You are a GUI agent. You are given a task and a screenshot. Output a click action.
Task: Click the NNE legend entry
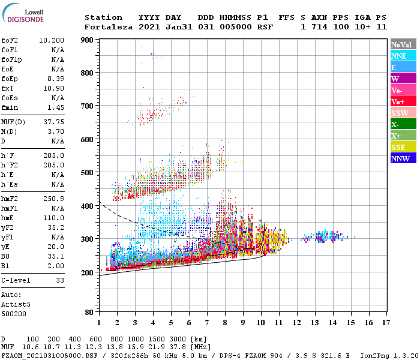pos(403,56)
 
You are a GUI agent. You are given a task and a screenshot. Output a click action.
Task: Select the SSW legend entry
pos(403,113)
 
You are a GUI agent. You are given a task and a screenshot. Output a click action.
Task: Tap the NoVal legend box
pos(403,44)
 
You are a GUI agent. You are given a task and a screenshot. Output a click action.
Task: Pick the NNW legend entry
pos(403,159)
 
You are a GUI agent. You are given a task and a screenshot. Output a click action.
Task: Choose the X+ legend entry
pos(403,136)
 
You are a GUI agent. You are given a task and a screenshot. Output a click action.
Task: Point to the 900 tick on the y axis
pos(88,40)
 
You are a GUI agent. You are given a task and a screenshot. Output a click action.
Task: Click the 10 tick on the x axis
pos(260,323)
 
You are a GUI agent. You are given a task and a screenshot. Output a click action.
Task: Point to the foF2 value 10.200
pos(52,41)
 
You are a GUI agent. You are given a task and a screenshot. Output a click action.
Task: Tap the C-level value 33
pos(60,280)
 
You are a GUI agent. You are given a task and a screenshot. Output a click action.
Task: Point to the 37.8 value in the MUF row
pos(178,347)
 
